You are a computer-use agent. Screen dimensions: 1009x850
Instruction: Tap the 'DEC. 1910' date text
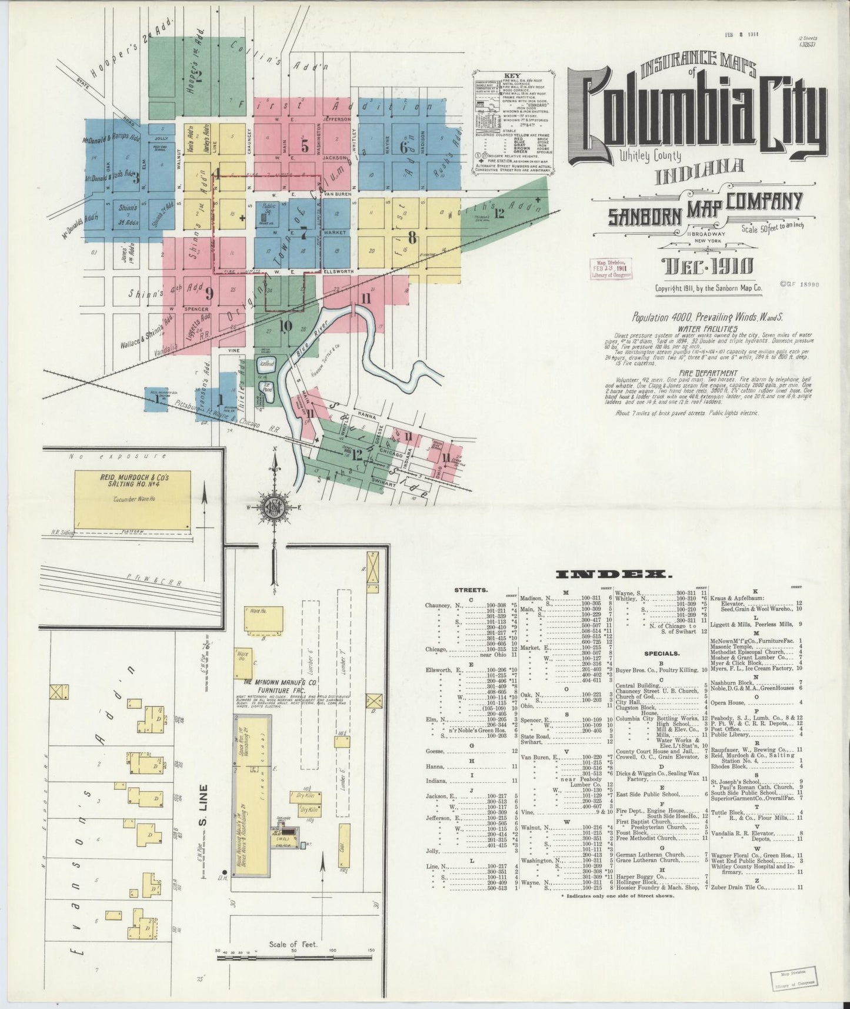(x=706, y=266)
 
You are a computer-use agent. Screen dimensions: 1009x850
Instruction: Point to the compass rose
(x=274, y=507)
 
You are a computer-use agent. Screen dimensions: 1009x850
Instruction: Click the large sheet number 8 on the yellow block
(x=412, y=238)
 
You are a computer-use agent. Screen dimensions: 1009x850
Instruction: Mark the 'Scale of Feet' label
(x=293, y=944)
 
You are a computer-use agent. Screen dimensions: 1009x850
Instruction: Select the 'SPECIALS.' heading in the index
(x=661, y=653)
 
